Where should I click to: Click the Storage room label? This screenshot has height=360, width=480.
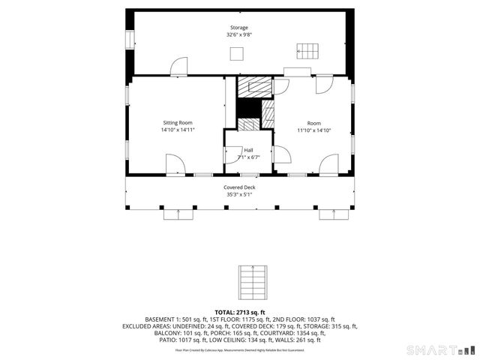(238, 28)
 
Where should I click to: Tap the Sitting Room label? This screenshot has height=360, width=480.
(177, 122)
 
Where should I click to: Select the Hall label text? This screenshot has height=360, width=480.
(248, 150)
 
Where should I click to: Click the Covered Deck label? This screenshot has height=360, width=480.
(239, 187)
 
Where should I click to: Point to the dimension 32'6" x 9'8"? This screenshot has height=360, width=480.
(238, 35)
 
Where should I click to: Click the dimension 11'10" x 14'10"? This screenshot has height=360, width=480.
(313, 130)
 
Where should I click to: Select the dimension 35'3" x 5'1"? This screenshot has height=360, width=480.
(239, 194)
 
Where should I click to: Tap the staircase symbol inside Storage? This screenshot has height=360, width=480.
(308, 52)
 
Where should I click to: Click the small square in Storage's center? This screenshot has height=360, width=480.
(237, 53)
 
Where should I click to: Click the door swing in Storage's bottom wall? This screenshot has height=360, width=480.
(179, 67)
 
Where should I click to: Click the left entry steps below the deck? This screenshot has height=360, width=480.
(179, 214)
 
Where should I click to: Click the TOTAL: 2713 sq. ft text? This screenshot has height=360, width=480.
(240, 311)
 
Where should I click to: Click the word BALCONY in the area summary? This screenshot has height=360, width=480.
(166, 333)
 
